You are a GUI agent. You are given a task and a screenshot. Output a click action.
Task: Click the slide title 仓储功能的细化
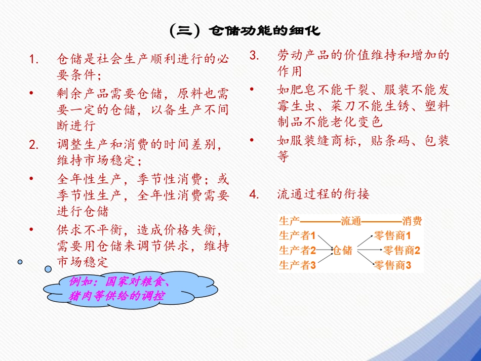[x=245, y=31]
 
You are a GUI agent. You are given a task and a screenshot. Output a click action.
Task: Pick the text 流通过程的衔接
[x=323, y=193]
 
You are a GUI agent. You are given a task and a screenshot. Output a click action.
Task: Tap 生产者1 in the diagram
[x=297, y=235]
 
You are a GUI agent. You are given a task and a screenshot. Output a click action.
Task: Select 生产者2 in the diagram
[x=297, y=250]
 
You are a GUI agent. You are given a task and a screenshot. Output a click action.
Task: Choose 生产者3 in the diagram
[x=297, y=264]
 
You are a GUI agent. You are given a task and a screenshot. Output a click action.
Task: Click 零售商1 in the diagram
[x=392, y=235]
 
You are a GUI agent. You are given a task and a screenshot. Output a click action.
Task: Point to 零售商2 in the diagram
[x=402, y=250]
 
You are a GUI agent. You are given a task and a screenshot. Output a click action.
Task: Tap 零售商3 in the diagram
[x=392, y=264]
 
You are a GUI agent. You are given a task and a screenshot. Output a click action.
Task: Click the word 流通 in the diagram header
[x=350, y=221]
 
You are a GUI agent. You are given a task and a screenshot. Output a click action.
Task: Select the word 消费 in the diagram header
[x=412, y=221]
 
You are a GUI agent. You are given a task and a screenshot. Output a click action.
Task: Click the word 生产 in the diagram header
[x=289, y=221]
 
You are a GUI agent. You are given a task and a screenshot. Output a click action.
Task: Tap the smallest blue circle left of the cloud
[x=20, y=262]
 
